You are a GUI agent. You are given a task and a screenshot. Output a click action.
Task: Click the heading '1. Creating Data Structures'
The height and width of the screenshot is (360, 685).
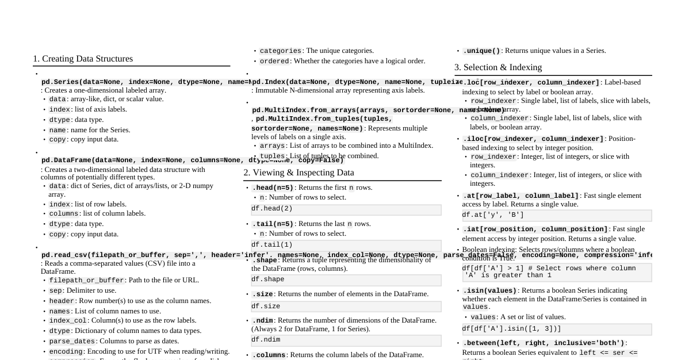(x=83, y=59)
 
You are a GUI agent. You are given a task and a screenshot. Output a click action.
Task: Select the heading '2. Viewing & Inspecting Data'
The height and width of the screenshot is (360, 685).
(x=299, y=173)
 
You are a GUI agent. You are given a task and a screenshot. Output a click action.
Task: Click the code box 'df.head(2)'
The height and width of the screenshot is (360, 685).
(x=346, y=209)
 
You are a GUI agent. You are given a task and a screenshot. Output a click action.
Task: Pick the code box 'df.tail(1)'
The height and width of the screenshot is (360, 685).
(x=346, y=245)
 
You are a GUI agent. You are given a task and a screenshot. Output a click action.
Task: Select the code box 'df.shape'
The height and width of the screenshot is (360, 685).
(x=346, y=280)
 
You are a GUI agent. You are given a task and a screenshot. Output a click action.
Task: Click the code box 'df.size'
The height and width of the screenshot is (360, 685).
(x=346, y=307)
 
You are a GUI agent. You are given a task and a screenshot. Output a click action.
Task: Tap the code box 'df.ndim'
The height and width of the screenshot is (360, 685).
(x=346, y=340)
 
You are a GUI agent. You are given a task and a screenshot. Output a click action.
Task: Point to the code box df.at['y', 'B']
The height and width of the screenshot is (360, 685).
(x=556, y=216)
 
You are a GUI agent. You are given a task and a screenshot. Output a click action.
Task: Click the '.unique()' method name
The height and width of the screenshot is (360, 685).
(x=481, y=51)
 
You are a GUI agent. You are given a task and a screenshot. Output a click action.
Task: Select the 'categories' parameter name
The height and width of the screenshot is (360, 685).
(x=280, y=51)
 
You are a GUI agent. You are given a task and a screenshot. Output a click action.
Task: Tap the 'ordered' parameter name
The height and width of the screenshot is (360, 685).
(x=274, y=62)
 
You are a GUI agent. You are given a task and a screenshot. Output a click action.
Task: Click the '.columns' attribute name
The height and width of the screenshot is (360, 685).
(x=269, y=355)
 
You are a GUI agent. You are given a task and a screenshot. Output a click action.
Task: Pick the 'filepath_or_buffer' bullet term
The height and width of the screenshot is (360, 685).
(x=86, y=281)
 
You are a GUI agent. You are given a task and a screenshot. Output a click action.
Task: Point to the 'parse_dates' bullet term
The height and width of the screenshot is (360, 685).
(x=72, y=342)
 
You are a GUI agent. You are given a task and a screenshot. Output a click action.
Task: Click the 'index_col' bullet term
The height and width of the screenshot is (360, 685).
(x=68, y=321)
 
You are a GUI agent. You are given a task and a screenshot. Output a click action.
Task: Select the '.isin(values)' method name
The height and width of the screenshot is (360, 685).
(x=489, y=291)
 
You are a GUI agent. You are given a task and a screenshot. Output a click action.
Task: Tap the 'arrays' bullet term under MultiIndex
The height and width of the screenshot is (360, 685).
(x=272, y=146)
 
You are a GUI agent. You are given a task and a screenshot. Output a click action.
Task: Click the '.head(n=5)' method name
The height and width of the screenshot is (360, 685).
(x=273, y=188)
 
